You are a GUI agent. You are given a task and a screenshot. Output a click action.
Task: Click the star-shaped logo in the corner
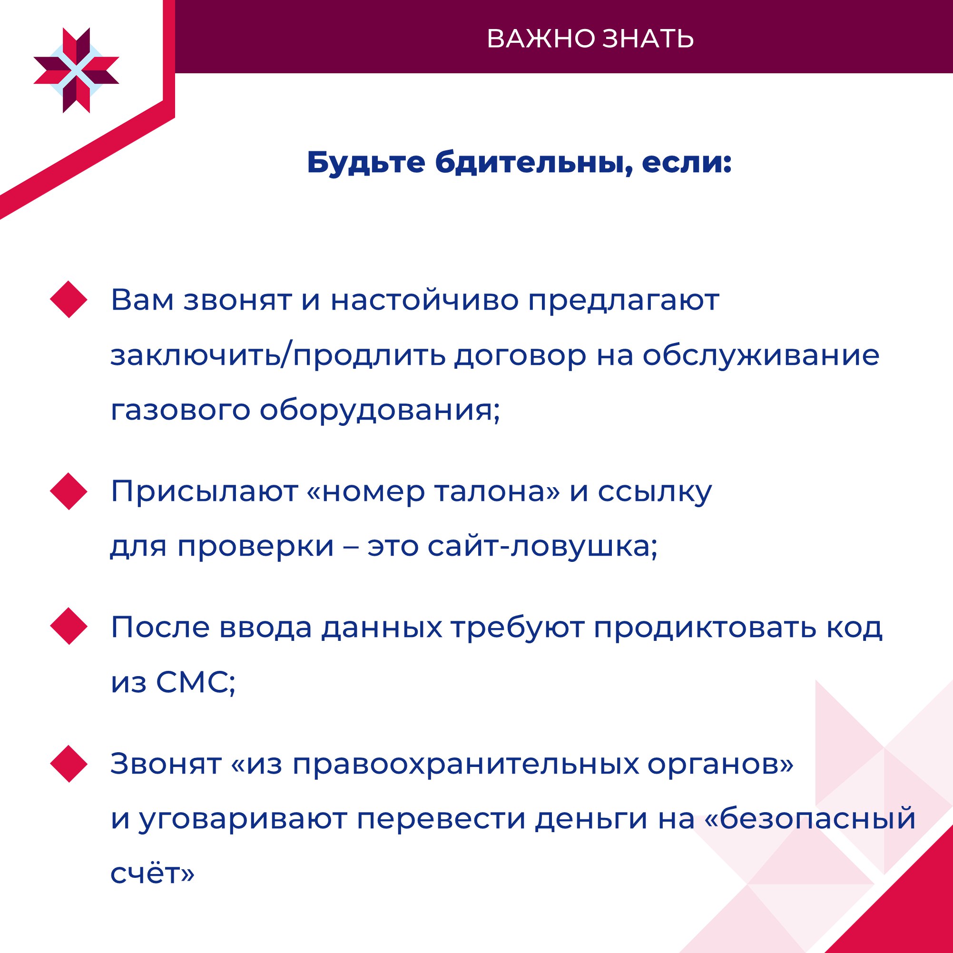tap(77, 70)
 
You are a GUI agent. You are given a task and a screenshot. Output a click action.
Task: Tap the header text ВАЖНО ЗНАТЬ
tap(590, 39)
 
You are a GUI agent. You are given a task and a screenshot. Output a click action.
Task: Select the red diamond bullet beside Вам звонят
tap(69, 299)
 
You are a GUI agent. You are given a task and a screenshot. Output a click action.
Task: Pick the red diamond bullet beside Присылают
tap(69, 491)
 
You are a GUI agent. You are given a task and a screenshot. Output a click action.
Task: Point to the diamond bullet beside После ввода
tap(69, 627)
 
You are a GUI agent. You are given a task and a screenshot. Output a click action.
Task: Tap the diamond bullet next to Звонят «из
tap(69, 764)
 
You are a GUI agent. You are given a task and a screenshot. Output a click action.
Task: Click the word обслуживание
tap(761, 355)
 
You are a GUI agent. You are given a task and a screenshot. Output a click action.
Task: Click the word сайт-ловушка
tap(542, 546)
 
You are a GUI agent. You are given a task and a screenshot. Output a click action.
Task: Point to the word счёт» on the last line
tap(152, 873)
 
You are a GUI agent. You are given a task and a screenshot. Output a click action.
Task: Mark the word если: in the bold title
tap(687, 163)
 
